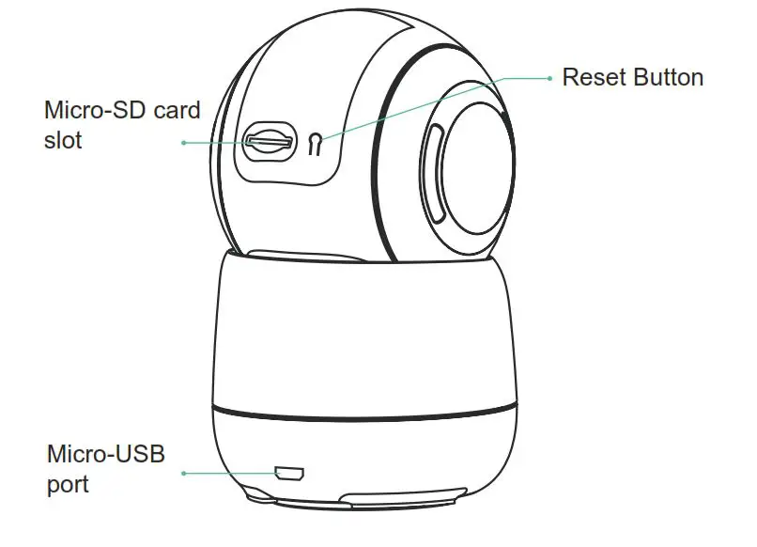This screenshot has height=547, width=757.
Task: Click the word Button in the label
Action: (668, 77)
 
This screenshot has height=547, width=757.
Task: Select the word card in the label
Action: (177, 111)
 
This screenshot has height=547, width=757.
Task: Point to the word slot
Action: (63, 141)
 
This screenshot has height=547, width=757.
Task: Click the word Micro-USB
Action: (105, 455)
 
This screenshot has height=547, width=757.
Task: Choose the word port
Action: (68, 485)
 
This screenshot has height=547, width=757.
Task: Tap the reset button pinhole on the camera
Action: (316, 144)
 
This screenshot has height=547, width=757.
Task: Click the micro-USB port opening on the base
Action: (287, 471)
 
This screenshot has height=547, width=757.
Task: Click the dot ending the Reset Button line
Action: (550, 78)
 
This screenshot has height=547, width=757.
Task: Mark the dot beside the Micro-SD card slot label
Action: (184, 143)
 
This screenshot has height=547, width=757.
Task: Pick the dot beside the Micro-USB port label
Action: (184, 472)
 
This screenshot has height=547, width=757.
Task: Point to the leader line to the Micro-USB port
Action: (230, 472)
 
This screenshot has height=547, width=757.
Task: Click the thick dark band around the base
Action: (366, 414)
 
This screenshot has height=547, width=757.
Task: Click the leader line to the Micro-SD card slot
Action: (216, 143)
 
